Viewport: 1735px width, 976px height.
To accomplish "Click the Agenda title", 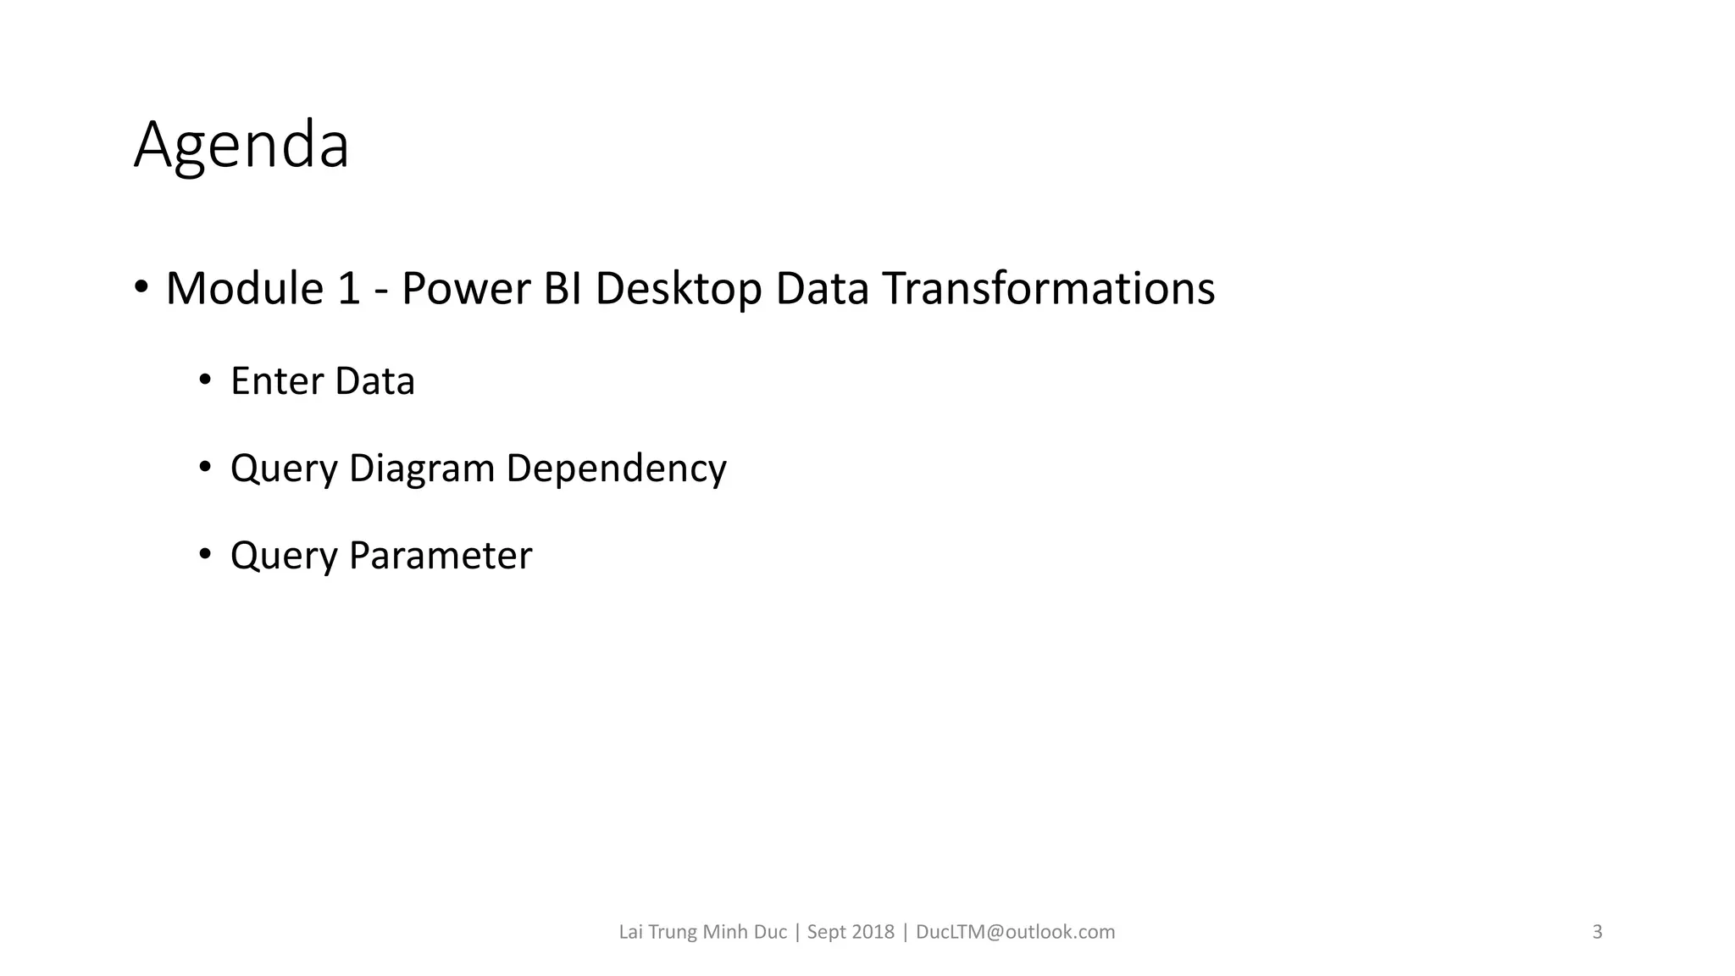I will [241, 146].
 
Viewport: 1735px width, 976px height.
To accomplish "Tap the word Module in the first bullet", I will [245, 288].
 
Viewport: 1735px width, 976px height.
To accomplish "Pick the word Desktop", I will [678, 288].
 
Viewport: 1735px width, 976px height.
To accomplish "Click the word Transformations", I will [1048, 288].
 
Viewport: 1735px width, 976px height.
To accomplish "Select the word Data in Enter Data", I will [374, 381].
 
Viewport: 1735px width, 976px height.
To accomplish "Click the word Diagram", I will [421, 469].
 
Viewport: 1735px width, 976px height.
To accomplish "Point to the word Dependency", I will [616, 469].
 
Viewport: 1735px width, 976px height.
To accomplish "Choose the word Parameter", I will [440, 556].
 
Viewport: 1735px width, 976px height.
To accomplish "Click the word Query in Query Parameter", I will [284, 556].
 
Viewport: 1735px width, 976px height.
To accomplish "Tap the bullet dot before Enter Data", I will [204, 380].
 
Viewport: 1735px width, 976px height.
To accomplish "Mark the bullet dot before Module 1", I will [141, 286].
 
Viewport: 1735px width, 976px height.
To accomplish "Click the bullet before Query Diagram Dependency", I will [204, 467].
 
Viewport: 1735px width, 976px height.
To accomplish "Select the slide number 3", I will [1597, 932].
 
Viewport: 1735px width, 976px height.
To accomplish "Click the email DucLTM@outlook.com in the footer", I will [1015, 932].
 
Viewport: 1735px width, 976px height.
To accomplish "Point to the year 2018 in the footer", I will [873, 932].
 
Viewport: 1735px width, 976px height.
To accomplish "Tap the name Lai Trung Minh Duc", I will [702, 932].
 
